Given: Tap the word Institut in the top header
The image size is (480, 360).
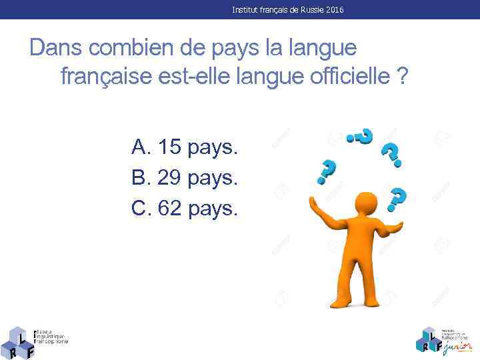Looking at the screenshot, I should [x=245, y=10].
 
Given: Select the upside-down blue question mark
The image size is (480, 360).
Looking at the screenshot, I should [x=361, y=137].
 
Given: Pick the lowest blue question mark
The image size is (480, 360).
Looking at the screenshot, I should [x=397, y=197].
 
